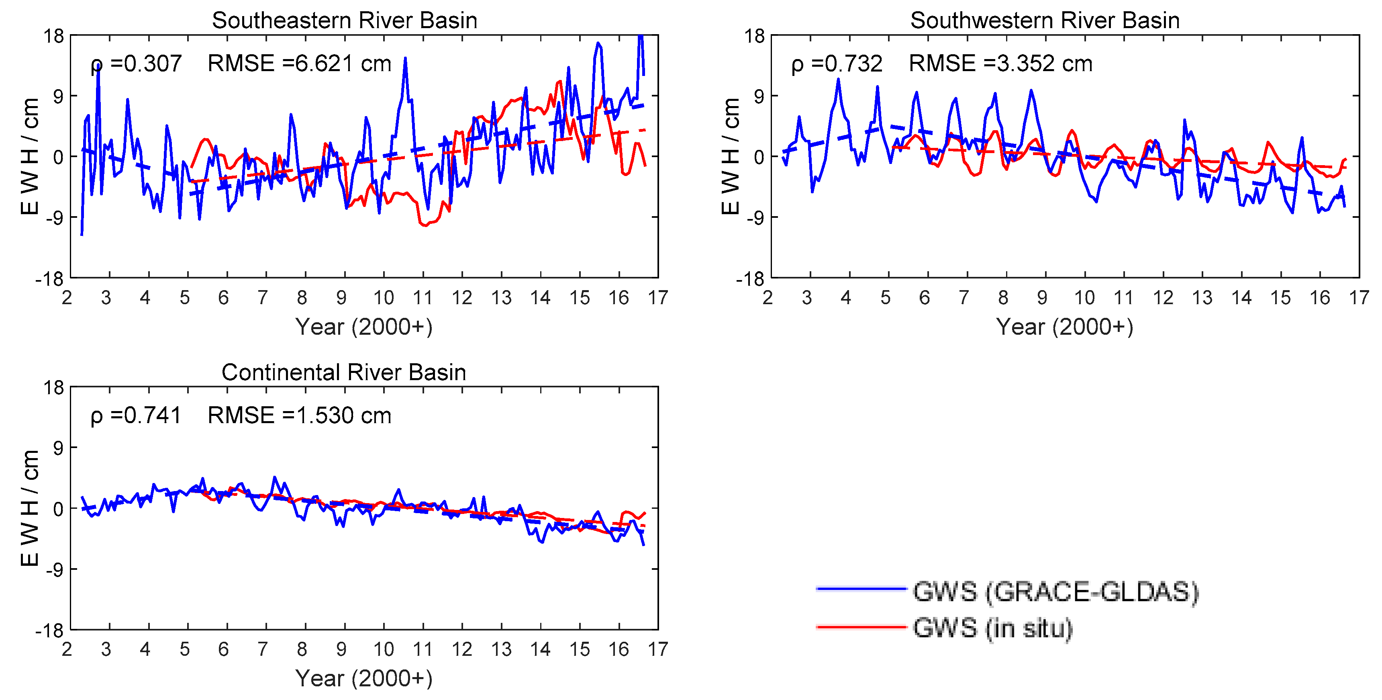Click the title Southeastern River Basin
[345, 20]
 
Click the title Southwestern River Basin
[1045, 20]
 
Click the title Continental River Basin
[344, 372]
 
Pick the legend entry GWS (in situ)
[992, 628]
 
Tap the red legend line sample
[861, 626]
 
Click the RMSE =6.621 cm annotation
[299, 63]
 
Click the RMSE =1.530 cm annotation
[299, 415]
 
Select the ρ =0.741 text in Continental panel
[136, 415]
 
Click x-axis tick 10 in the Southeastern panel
[384, 297]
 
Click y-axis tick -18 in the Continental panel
[49, 630]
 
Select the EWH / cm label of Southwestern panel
[730, 156]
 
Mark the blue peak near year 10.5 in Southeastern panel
[405, 59]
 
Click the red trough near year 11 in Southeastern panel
[425, 225]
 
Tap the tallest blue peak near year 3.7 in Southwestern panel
[838, 80]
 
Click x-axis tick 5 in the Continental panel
[185, 649]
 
